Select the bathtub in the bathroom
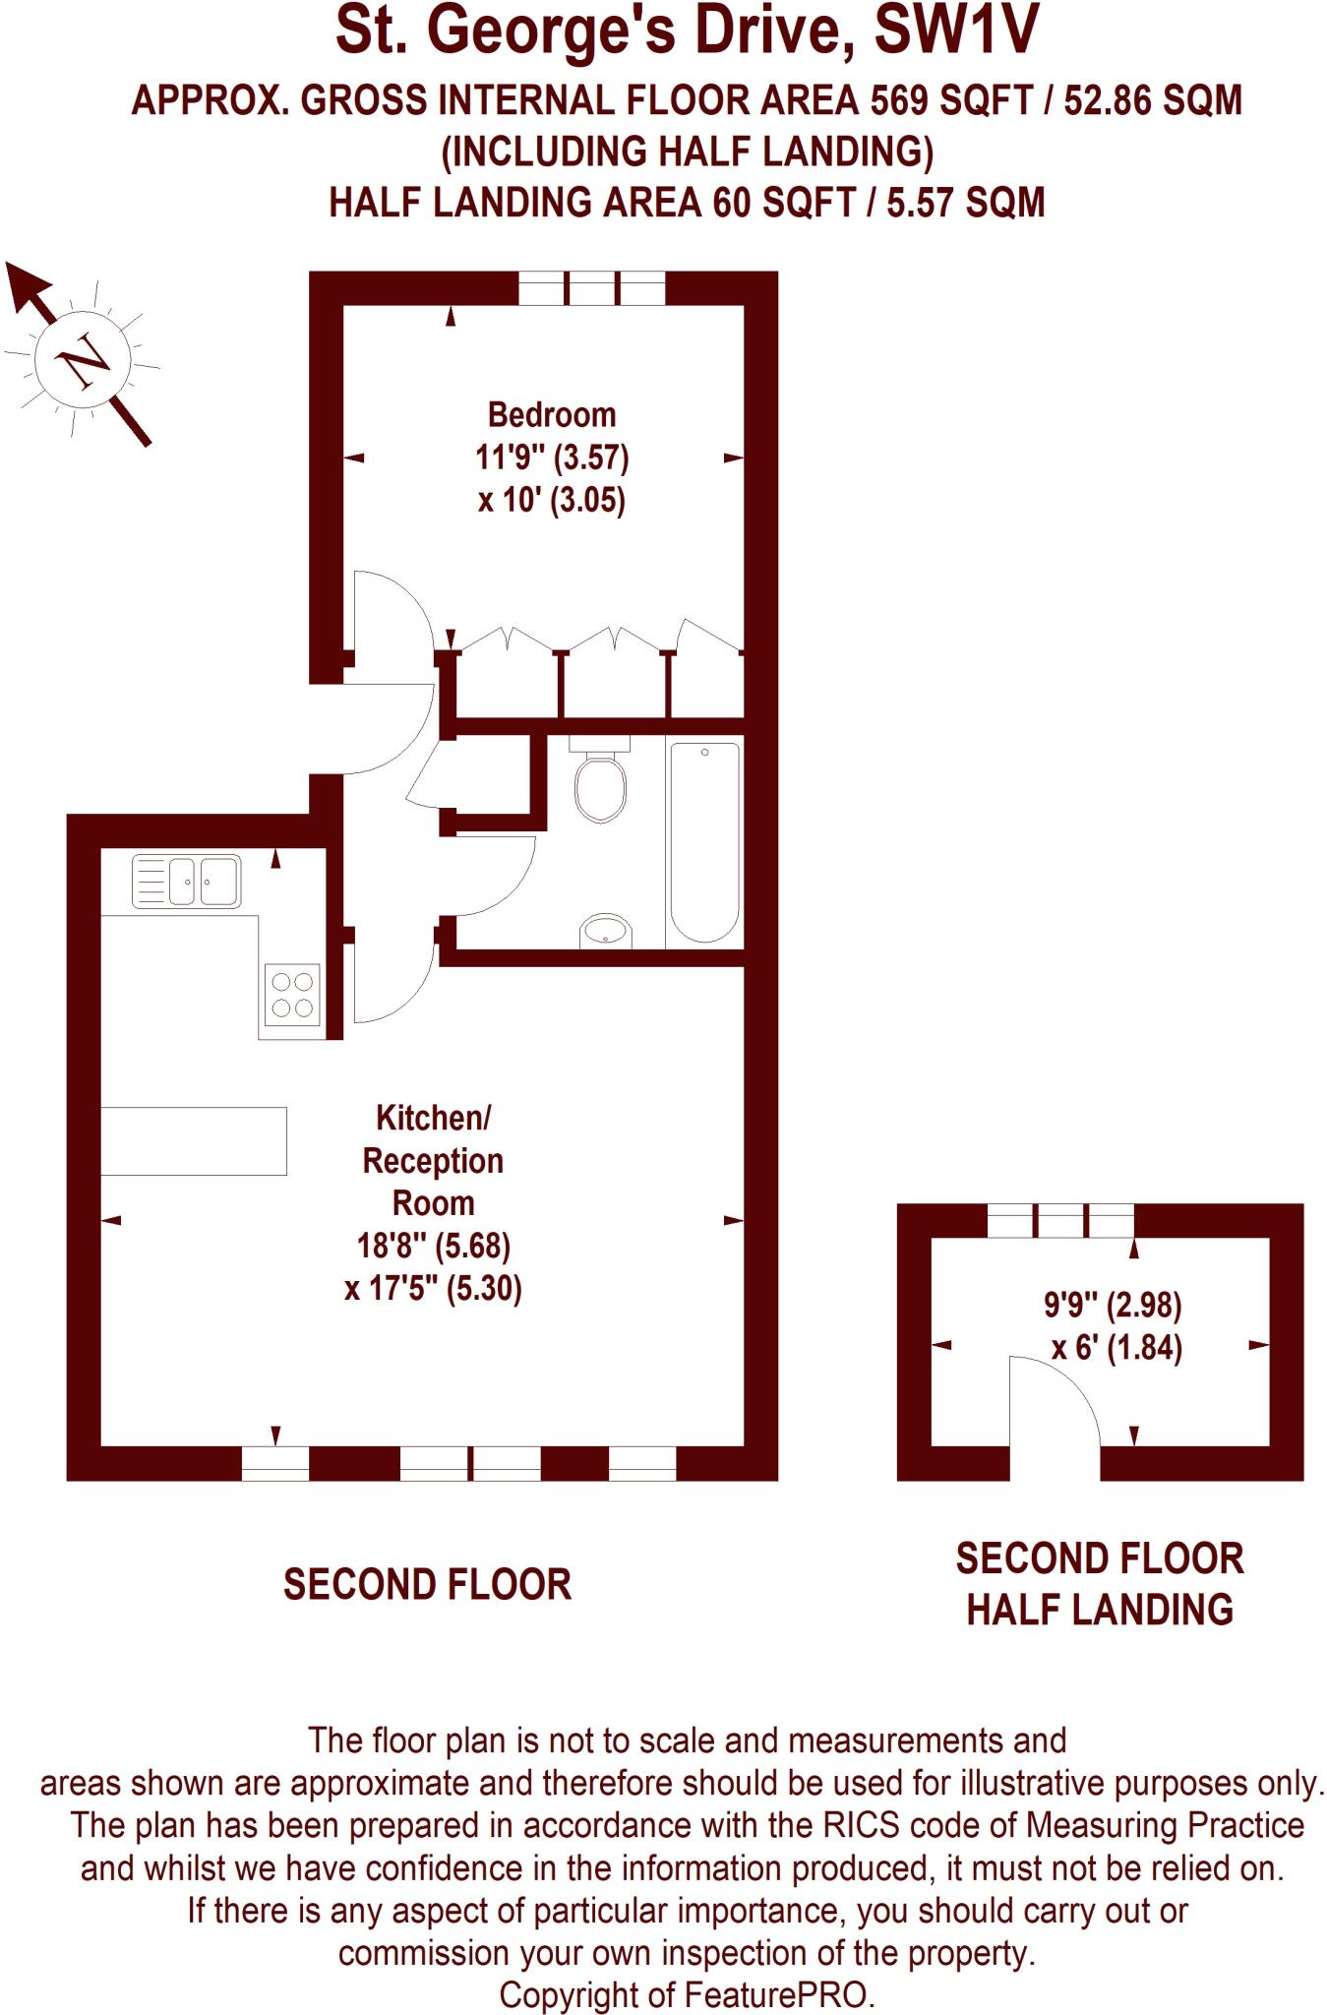point(704,842)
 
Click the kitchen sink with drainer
point(186,882)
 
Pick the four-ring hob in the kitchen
point(292,995)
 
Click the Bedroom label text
point(551,415)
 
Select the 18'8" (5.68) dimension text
point(433,1246)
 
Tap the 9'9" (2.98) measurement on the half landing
point(1112,1306)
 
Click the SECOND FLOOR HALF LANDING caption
point(1099,1584)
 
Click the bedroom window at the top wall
point(591,288)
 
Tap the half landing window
point(1059,1221)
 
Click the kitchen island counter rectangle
point(194,1140)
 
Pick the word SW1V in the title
point(955,31)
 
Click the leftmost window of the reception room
point(275,1463)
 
